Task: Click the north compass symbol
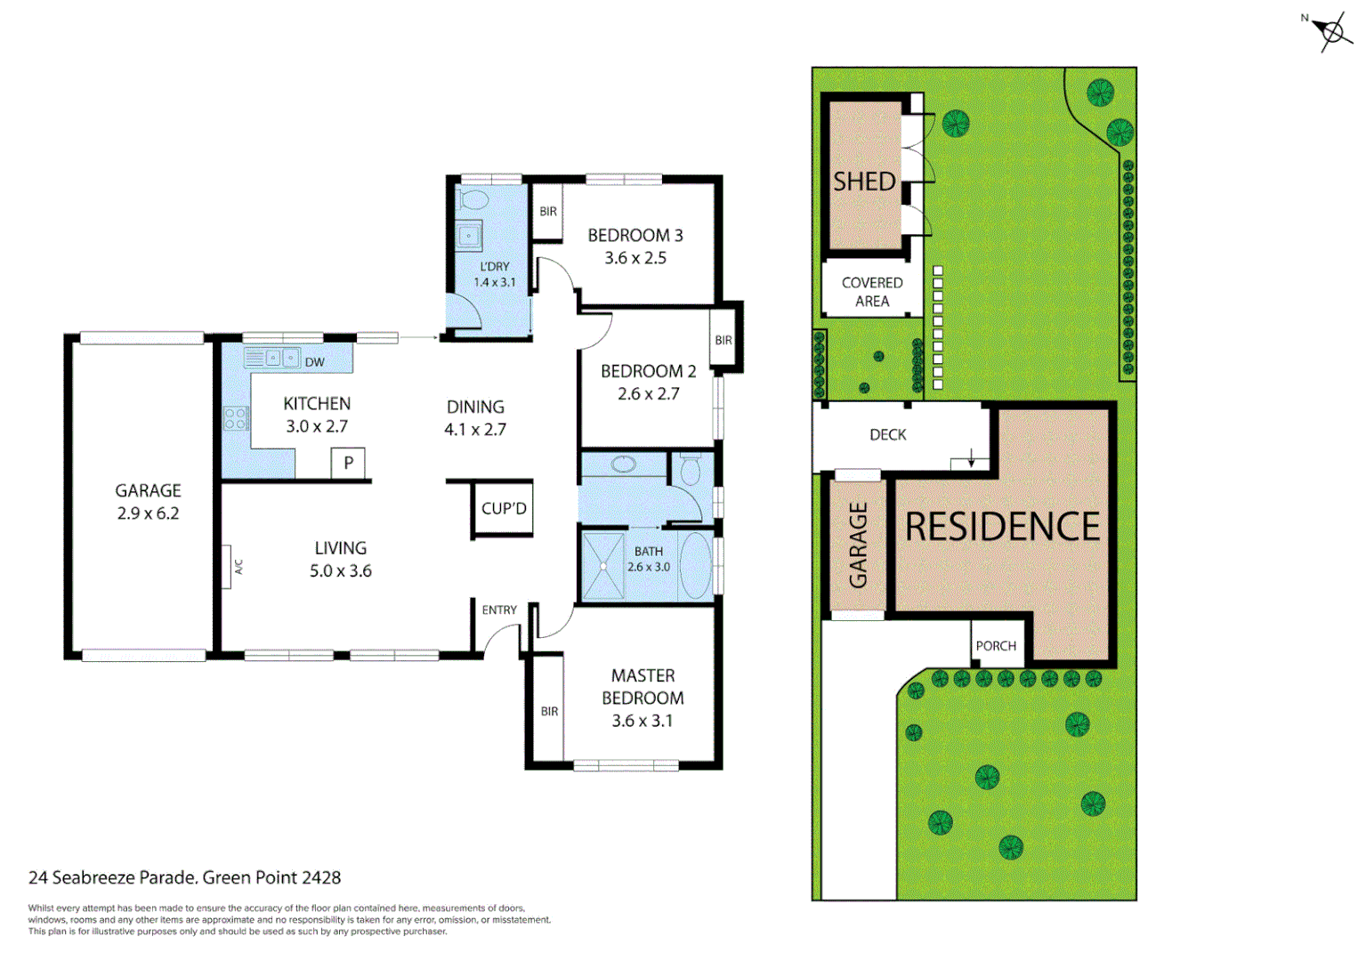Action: tap(1330, 32)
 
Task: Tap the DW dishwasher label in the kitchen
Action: tap(315, 362)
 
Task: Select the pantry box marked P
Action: tap(348, 463)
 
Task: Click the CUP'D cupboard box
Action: tap(504, 509)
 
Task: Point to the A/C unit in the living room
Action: tap(228, 567)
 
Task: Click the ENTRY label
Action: tap(499, 610)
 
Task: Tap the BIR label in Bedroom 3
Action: tap(548, 212)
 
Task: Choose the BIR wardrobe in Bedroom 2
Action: tap(723, 340)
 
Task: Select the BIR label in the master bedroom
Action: tap(549, 711)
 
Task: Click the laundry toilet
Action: tap(474, 199)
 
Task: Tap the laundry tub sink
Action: tap(469, 236)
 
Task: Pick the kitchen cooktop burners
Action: tap(236, 417)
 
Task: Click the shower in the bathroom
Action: tap(603, 565)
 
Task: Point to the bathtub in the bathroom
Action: tap(695, 565)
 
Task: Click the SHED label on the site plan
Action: tap(864, 182)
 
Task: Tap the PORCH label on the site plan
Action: tap(996, 646)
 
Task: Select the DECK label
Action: tap(887, 434)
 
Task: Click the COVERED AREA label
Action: tap(872, 292)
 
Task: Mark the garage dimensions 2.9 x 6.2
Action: tap(148, 513)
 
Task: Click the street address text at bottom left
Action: tap(184, 877)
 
